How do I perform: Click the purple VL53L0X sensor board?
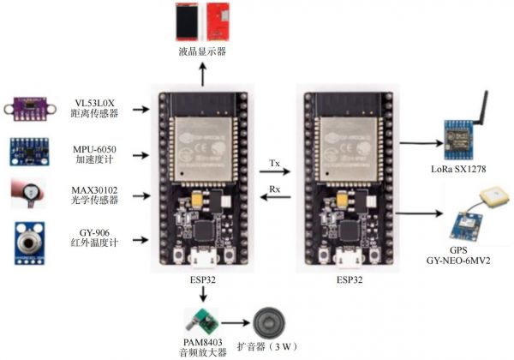pos(28,108)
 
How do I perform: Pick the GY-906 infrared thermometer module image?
pos(28,238)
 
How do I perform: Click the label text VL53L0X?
pos(96,103)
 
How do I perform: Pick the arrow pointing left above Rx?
pos(273,199)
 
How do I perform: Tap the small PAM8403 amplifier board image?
pos(204,323)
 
